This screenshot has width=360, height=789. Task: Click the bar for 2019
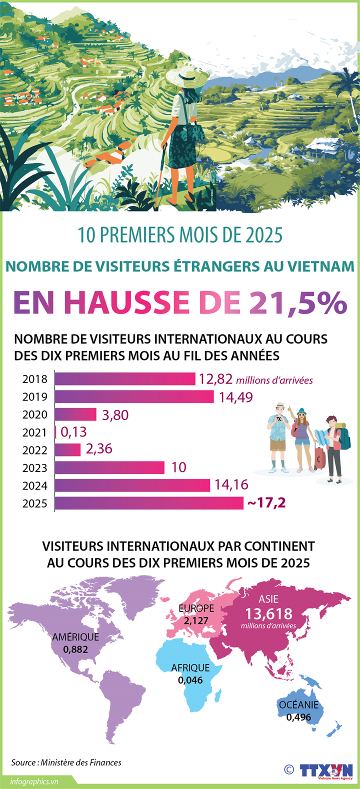pyautogui.click(x=134, y=396)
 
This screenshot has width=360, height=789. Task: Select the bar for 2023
pyautogui.click(x=109, y=467)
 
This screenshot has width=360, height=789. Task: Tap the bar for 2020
pyautogui.click(x=75, y=414)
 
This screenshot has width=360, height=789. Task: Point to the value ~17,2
pyautogui.click(x=266, y=502)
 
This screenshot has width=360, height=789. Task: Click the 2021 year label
pyautogui.click(x=34, y=432)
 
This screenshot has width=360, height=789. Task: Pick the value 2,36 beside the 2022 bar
pyautogui.click(x=99, y=449)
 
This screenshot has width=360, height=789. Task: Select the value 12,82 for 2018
pyautogui.click(x=215, y=379)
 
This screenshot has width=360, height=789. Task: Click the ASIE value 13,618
pyautogui.click(x=268, y=614)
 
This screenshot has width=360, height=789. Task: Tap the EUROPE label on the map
pyautogui.click(x=196, y=608)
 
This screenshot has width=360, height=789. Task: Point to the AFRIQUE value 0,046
pyautogui.click(x=190, y=680)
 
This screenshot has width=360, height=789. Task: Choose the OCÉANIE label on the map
pyautogui.click(x=298, y=705)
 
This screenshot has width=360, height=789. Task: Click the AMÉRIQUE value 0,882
pyautogui.click(x=75, y=650)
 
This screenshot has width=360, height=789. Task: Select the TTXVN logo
pyautogui.click(x=326, y=770)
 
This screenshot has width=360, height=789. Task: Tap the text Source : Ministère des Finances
pyautogui.click(x=66, y=762)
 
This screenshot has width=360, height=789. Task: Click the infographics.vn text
pyautogui.click(x=34, y=781)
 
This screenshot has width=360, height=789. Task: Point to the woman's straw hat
pyautogui.click(x=187, y=75)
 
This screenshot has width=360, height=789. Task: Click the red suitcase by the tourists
pyautogui.click(x=319, y=458)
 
